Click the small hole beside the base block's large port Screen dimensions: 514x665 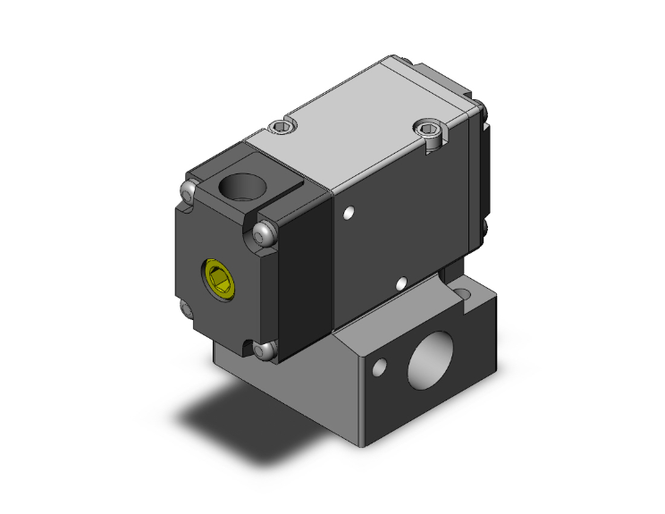[x=382, y=366]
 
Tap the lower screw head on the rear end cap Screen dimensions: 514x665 [x=483, y=235]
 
